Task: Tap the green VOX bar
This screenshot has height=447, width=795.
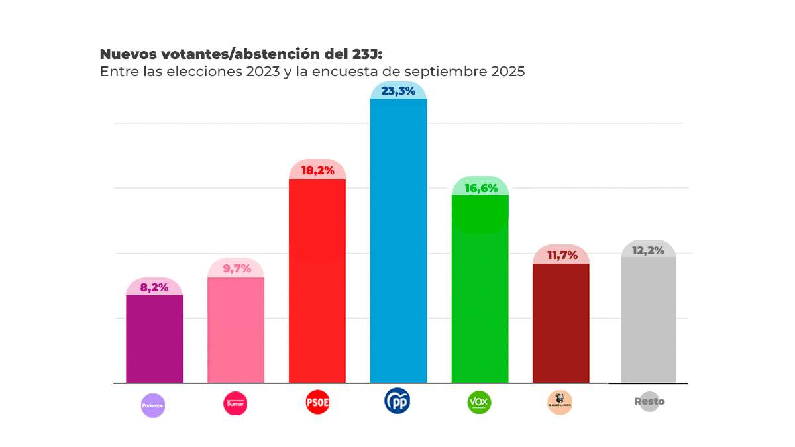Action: coord(480,289)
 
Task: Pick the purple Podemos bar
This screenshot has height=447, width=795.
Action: coord(154,338)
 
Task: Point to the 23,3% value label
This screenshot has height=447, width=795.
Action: coord(398,91)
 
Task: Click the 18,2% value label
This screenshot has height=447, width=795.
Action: coord(317,170)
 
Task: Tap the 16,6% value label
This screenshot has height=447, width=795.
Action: coord(480,188)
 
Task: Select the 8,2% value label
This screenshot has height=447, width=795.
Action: coord(154,287)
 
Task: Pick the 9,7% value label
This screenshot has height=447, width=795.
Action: coord(236,268)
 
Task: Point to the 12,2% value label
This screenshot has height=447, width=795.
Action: coord(648,250)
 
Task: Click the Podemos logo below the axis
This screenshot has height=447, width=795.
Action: coord(152,405)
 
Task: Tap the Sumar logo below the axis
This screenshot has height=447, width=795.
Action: coord(235,403)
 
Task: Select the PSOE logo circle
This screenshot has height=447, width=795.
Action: coord(317,402)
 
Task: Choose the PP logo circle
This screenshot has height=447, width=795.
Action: coord(397,401)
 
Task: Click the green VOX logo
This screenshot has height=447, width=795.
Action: coord(479,402)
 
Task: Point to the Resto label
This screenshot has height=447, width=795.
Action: coord(649,401)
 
